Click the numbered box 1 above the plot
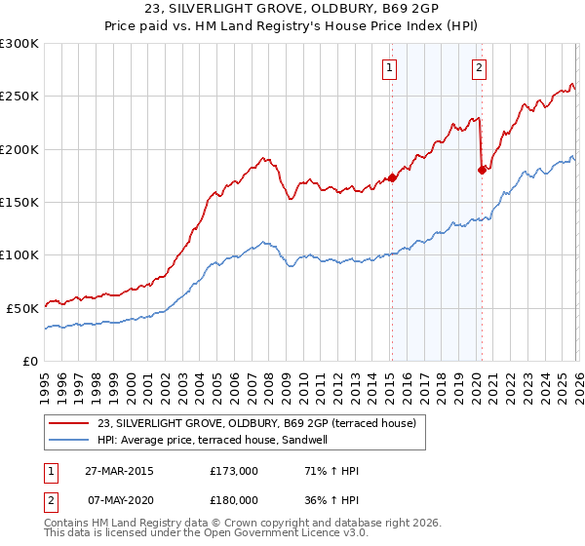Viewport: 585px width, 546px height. [390, 68]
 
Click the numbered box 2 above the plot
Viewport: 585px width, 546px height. [480, 68]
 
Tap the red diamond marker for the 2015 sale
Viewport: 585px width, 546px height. [392, 178]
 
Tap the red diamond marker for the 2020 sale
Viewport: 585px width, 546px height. [482, 171]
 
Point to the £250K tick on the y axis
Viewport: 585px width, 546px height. [19, 97]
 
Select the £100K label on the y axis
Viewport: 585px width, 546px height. [19, 254]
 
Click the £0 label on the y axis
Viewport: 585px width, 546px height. [31, 361]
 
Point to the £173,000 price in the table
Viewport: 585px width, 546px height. [233, 471]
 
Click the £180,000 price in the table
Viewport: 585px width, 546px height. [233, 500]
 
